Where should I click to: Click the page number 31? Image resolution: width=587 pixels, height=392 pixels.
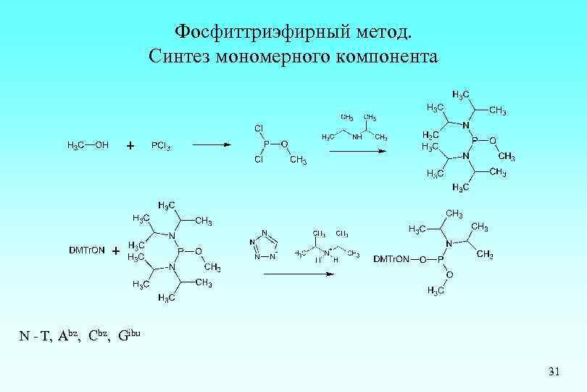point(554,372)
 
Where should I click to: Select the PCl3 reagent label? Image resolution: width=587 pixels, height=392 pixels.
point(161,145)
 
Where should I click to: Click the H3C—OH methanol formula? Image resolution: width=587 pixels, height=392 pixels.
point(88,145)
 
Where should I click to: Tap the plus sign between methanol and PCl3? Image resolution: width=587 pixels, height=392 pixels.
point(130,146)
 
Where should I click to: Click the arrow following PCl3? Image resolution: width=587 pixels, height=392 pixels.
point(211,144)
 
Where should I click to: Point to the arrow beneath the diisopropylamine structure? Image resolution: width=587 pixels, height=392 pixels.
point(357,151)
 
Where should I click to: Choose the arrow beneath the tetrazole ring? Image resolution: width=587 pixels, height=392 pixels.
point(299,274)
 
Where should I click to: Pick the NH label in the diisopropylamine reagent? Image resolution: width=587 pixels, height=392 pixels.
point(357,136)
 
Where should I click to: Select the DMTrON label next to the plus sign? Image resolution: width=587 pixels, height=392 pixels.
point(86,250)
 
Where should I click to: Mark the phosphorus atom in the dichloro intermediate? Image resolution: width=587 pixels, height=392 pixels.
point(266,144)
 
